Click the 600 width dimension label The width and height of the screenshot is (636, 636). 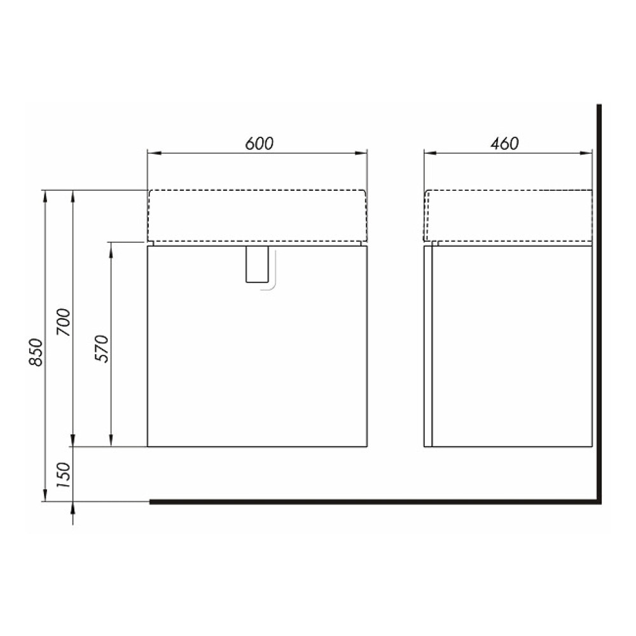[259, 144]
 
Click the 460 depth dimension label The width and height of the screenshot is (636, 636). [504, 144]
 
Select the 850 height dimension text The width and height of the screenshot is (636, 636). [36, 352]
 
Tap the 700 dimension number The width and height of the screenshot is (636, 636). [64, 322]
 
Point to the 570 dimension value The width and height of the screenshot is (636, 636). [102, 349]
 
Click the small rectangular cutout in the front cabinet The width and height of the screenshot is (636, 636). [257, 264]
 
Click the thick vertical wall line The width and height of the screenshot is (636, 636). [598, 304]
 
